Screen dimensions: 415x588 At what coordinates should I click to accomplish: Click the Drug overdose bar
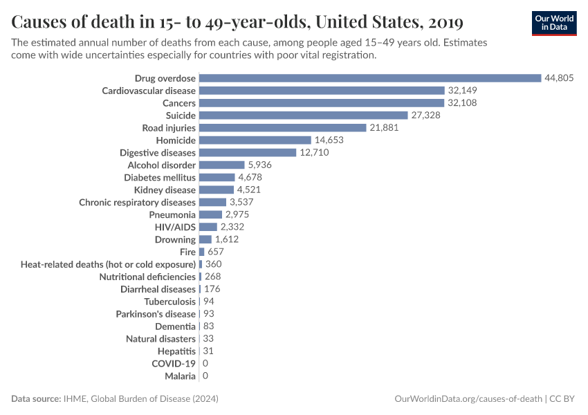[x=370, y=78]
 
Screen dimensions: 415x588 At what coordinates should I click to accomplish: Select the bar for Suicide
[x=303, y=116]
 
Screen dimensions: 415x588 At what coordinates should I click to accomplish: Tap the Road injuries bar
[x=282, y=128]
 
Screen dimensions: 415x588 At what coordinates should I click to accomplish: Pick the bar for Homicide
[x=255, y=140]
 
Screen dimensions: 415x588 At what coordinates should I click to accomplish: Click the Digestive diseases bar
[x=248, y=152]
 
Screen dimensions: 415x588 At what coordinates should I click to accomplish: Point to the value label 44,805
[x=559, y=78]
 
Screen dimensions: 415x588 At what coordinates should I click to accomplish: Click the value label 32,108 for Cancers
[x=462, y=103]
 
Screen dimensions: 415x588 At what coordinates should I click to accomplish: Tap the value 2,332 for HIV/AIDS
[x=232, y=227]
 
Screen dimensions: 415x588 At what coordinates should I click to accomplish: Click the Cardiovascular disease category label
[x=149, y=91]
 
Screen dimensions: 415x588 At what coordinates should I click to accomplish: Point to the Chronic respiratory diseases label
[x=138, y=202]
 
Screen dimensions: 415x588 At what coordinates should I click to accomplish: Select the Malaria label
[x=180, y=376]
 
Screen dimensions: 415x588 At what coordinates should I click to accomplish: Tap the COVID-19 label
[x=174, y=363]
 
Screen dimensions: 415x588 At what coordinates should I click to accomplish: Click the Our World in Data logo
[x=554, y=23]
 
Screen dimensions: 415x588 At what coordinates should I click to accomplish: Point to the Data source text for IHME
[x=119, y=399]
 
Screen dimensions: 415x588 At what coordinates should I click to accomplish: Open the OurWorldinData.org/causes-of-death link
[x=467, y=399]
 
